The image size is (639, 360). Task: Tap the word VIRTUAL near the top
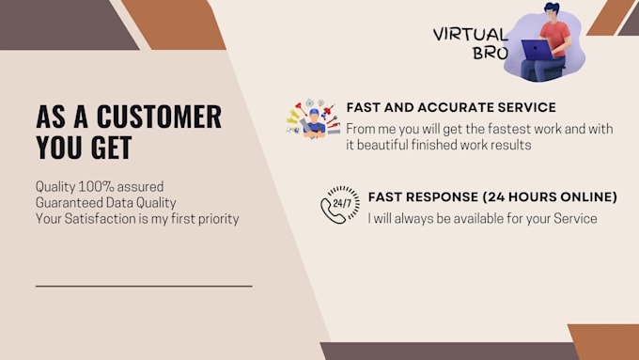(x=470, y=34)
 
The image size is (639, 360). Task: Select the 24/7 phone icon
(x=338, y=207)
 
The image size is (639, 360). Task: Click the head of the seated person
(x=553, y=12)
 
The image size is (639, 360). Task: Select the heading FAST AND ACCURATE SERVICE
(x=451, y=107)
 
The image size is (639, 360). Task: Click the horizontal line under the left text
(x=144, y=285)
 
